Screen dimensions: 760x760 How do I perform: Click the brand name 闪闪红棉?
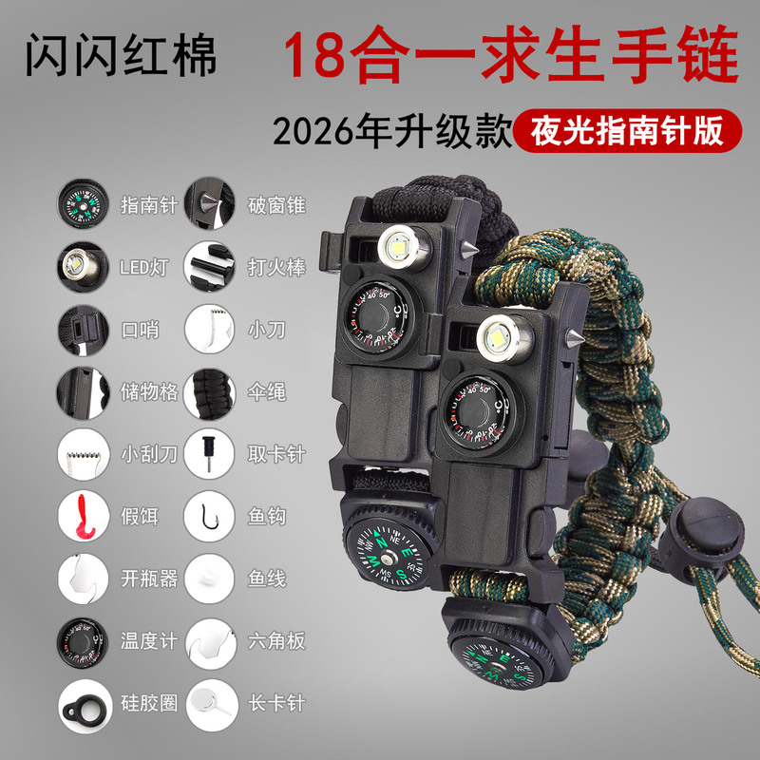(121, 54)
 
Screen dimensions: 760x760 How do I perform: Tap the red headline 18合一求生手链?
(511, 54)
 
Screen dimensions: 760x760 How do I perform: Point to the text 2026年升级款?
(391, 131)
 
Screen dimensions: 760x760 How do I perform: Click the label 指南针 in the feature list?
(149, 205)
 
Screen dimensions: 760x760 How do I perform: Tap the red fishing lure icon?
(83, 515)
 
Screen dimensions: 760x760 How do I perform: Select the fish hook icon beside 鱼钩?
(210, 515)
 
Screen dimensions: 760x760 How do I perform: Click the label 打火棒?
(276, 268)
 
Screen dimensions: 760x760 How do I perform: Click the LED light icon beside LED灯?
(83, 267)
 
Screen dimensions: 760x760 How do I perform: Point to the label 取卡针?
(276, 454)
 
